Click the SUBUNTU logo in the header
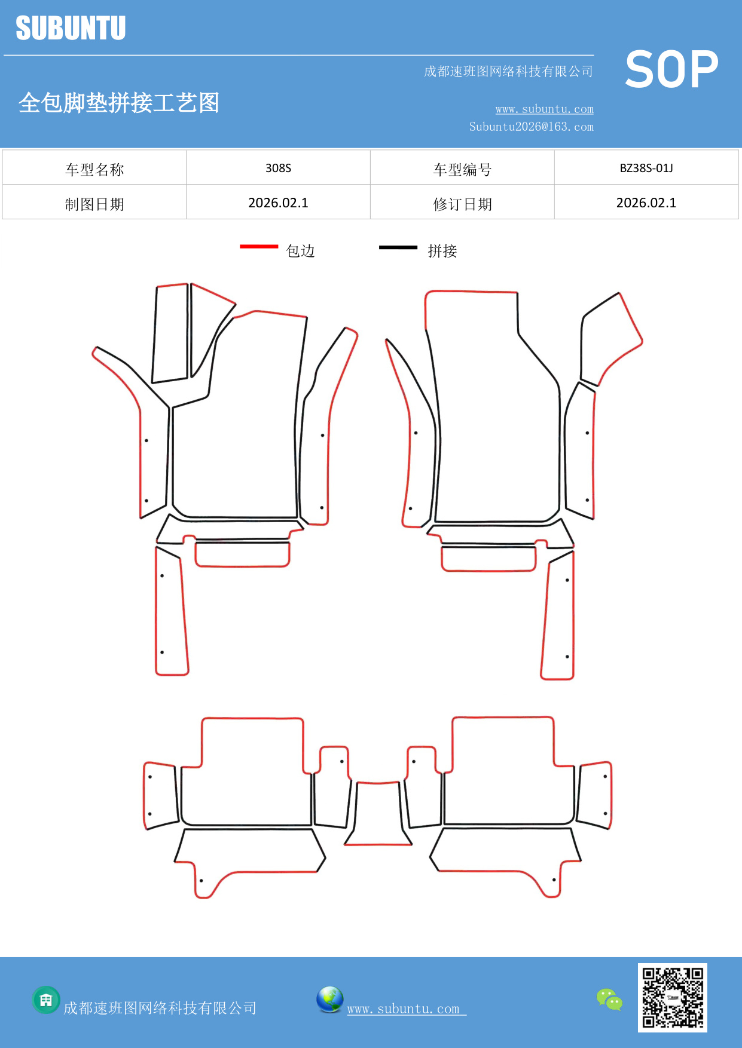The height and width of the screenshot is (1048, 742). (71, 28)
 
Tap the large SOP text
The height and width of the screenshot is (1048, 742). (671, 69)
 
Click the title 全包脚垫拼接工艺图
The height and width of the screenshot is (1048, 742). (119, 103)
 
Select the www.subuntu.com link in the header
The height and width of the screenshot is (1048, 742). (544, 109)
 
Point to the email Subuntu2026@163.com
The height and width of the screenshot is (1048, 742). (531, 127)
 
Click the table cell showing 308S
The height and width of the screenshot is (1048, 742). (278, 168)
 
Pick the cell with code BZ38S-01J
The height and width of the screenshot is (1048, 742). (646, 168)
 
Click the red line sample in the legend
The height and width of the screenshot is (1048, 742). (259, 246)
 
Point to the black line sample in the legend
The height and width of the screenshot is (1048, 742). (398, 247)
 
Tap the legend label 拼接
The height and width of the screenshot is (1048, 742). (442, 251)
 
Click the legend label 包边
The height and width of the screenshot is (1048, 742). (301, 251)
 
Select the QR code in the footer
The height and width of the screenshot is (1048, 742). (673, 998)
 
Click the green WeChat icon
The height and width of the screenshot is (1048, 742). (609, 999)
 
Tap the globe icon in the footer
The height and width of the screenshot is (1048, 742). (330, 1000)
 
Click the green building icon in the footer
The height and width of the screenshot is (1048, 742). (46, 1000)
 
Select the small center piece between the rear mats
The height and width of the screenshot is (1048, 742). (378, 813)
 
